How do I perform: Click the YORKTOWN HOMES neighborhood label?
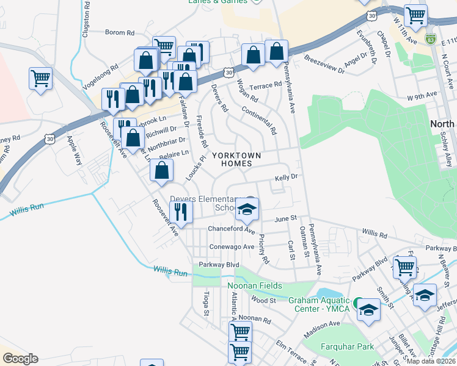(236, 160)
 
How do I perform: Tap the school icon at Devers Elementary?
(247, 210)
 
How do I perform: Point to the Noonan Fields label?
(255, 286)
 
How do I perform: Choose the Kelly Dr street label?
(285, 177)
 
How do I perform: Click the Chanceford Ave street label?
(231, 229)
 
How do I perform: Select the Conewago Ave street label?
(232, 247)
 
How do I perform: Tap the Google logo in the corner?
(20, 359)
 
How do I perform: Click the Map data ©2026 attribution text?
(431, 361)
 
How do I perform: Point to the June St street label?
(285, 218)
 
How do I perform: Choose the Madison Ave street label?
(321, 329)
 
